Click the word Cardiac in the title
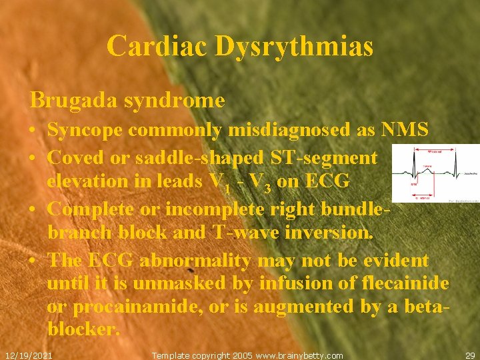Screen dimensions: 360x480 click(x=150, y=47)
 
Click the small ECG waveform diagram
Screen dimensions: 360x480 click(x=435, y=175)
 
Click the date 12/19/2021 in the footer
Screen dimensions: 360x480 click(x=28, y=355)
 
